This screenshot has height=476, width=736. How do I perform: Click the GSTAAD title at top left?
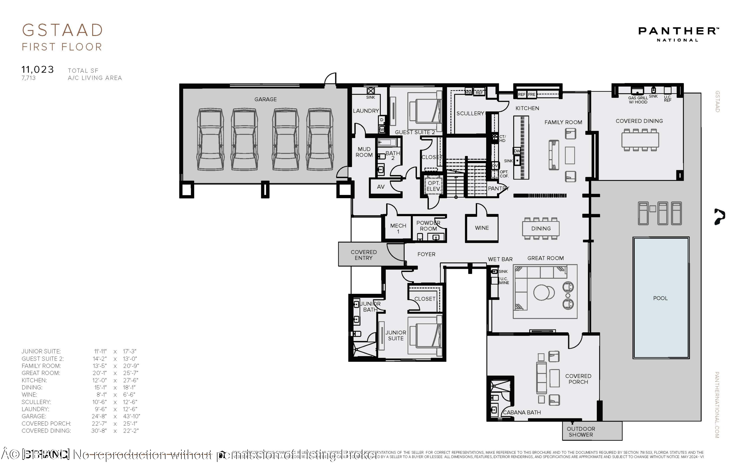pyautogui.click(x=62, y=30)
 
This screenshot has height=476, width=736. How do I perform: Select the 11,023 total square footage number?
pyautogui.click(x=38, y=70)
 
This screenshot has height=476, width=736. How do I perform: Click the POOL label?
pyautogui.click(x=660, y=298)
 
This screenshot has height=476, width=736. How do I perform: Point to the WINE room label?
pyautogui.click(x=482, y=228)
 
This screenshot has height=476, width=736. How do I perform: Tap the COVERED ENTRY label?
pyautogui.click(x=363, y=255)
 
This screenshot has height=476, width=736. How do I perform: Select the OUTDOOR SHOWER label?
pyautogui.click(x=581, y=432)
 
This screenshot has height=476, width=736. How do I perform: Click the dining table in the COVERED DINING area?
pyautogui.click(x=640, y=140)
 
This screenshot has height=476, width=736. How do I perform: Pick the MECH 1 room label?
pyautogui.click(x=398, y=228)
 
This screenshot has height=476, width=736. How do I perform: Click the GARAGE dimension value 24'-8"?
pyautogui.click(x=99, y=416)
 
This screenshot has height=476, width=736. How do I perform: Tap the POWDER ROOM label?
pyautogui.click(x=428, y=226)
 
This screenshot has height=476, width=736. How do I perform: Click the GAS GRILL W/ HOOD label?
pyautogui.click(x=638, y=100)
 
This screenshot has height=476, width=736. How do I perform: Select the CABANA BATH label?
pyautogui.click(x=522, y=412)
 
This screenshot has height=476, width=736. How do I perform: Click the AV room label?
pyautogui.click(x=381, y=187)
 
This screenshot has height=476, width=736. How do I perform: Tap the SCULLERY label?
pyautogui.click(x=470, y=114)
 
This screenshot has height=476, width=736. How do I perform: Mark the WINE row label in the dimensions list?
pyautogui.click(x=29, y=395)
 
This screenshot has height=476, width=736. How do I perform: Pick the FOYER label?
pyautogui.click(x=426, y=254)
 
